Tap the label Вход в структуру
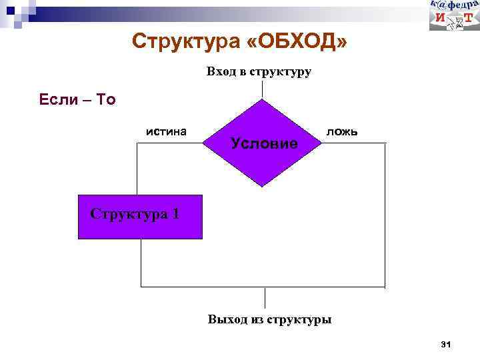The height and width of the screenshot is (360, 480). click(x=259, y=71)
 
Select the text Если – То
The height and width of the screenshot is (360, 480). click(x=77, y=100)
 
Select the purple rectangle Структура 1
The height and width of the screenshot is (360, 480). click(x=140, y=217)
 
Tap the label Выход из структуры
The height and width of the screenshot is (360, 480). click(x=269, y=319)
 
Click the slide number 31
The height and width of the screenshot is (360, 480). click(x=446, y=344)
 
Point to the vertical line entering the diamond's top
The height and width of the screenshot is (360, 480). click(x=263, y=89)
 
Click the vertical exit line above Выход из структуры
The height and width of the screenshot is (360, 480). click(x=265, y=297)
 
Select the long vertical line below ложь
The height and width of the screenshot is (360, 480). click(x=385, y=213)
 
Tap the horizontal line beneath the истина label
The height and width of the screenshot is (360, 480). click(x=170, y=143)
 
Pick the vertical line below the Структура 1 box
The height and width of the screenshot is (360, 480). click(x=141, y=263)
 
